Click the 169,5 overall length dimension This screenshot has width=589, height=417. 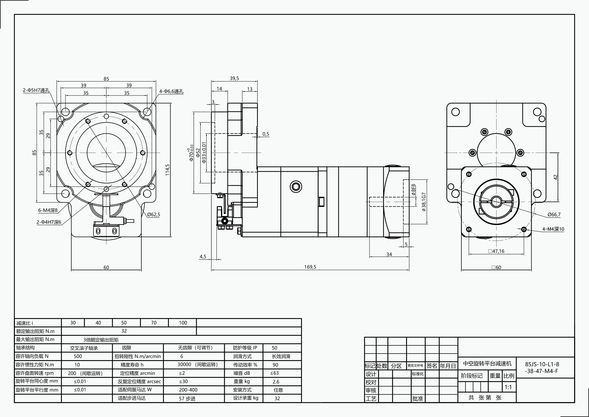click(x=310, y=267)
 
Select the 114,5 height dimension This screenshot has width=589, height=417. click(x=167, y=170)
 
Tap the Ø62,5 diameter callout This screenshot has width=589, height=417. click(x=154, y=214)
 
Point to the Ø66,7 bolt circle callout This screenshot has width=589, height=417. click(x=554, y=214)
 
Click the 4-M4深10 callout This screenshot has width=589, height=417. click(x=553, y=229)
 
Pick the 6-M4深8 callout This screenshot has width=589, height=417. click(x=48, y=210)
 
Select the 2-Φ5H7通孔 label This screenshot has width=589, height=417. click(x=36, y=90)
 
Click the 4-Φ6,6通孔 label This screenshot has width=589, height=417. click(x=171, y=91)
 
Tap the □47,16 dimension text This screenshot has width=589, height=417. click(x=496, y=251)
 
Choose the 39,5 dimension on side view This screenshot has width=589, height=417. click(x=234, y=78)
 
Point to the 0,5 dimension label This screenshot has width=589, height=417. click(x=266, y=134)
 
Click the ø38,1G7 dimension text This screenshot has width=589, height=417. click(x=424, y=202)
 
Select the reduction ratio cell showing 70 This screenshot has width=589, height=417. click(x=154, y=323)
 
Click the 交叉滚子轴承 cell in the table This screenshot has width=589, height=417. click(x=84, y=348)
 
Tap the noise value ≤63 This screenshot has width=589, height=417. click(x=275, y=373)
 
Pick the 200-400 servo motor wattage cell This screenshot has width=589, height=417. click(x=188, y=390)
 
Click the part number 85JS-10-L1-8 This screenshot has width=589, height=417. click(x=542, y=364)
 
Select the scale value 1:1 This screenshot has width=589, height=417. click(x=508, y=387)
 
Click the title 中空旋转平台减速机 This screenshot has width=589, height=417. click(x=487, y=364)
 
